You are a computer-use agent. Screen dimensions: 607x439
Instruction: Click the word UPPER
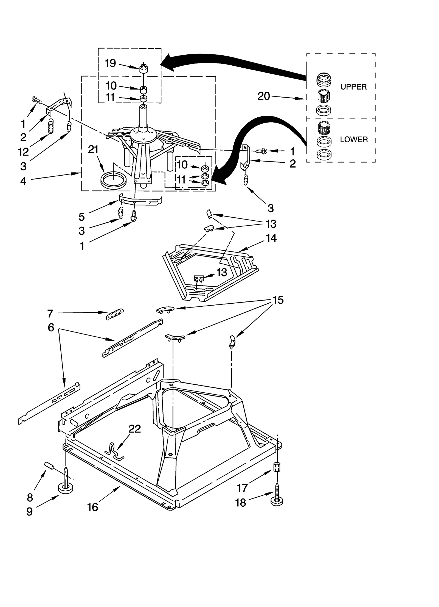tap(353, 87)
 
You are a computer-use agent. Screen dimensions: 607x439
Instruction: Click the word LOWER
tap(354, 140)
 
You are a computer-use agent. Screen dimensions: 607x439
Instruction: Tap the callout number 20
tap(264, 96)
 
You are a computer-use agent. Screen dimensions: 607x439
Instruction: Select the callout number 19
tap(111, 63)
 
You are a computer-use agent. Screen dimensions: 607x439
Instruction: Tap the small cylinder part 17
tap(277, 467)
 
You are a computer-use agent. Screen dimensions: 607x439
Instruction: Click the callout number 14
tap(271, 238)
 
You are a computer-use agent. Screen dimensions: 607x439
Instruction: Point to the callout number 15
tap(278, 300)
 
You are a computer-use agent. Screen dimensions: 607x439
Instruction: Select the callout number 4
tap(23, 181)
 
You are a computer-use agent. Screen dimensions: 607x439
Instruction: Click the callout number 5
tap(82, 217)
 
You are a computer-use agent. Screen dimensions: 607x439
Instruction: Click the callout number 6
tap(51, 328)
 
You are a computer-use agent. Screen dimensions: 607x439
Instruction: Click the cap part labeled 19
tap(143, 68)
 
